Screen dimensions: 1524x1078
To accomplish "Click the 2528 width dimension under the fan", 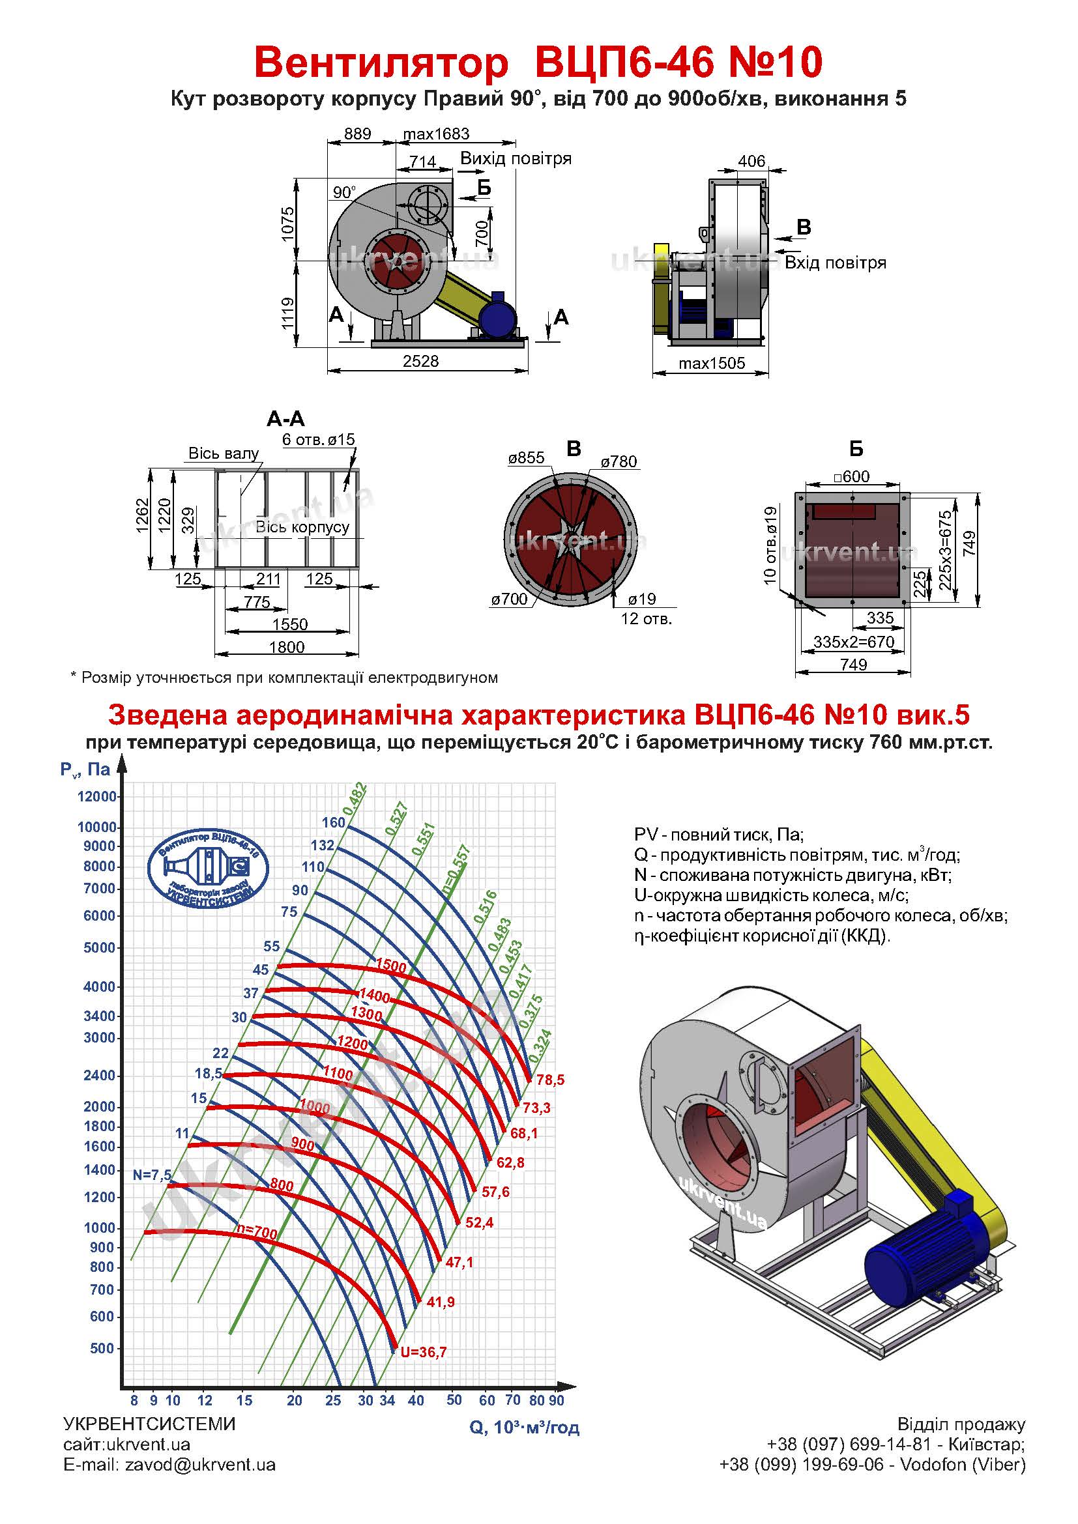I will coord(420,361).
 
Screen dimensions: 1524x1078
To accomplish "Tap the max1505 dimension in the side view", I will coord(712,363).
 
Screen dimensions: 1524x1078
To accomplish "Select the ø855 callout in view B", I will coord(527,457).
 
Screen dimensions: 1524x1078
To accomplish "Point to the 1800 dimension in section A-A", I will coord(287,646).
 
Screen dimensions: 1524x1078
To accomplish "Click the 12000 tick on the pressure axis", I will coord(97,796).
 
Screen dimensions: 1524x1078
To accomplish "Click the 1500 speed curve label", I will coord(390,966).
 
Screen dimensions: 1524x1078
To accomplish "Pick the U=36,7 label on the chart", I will coord(424,1351).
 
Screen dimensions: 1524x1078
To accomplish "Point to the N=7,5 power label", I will coord(152,1174).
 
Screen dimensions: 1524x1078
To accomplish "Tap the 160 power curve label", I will coord(333,822).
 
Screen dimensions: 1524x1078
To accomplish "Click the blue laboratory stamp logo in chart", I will coord(208,869).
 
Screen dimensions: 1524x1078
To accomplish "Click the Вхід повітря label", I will coord(835,263).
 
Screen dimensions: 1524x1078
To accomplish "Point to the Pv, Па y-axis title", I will coord(85,769).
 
